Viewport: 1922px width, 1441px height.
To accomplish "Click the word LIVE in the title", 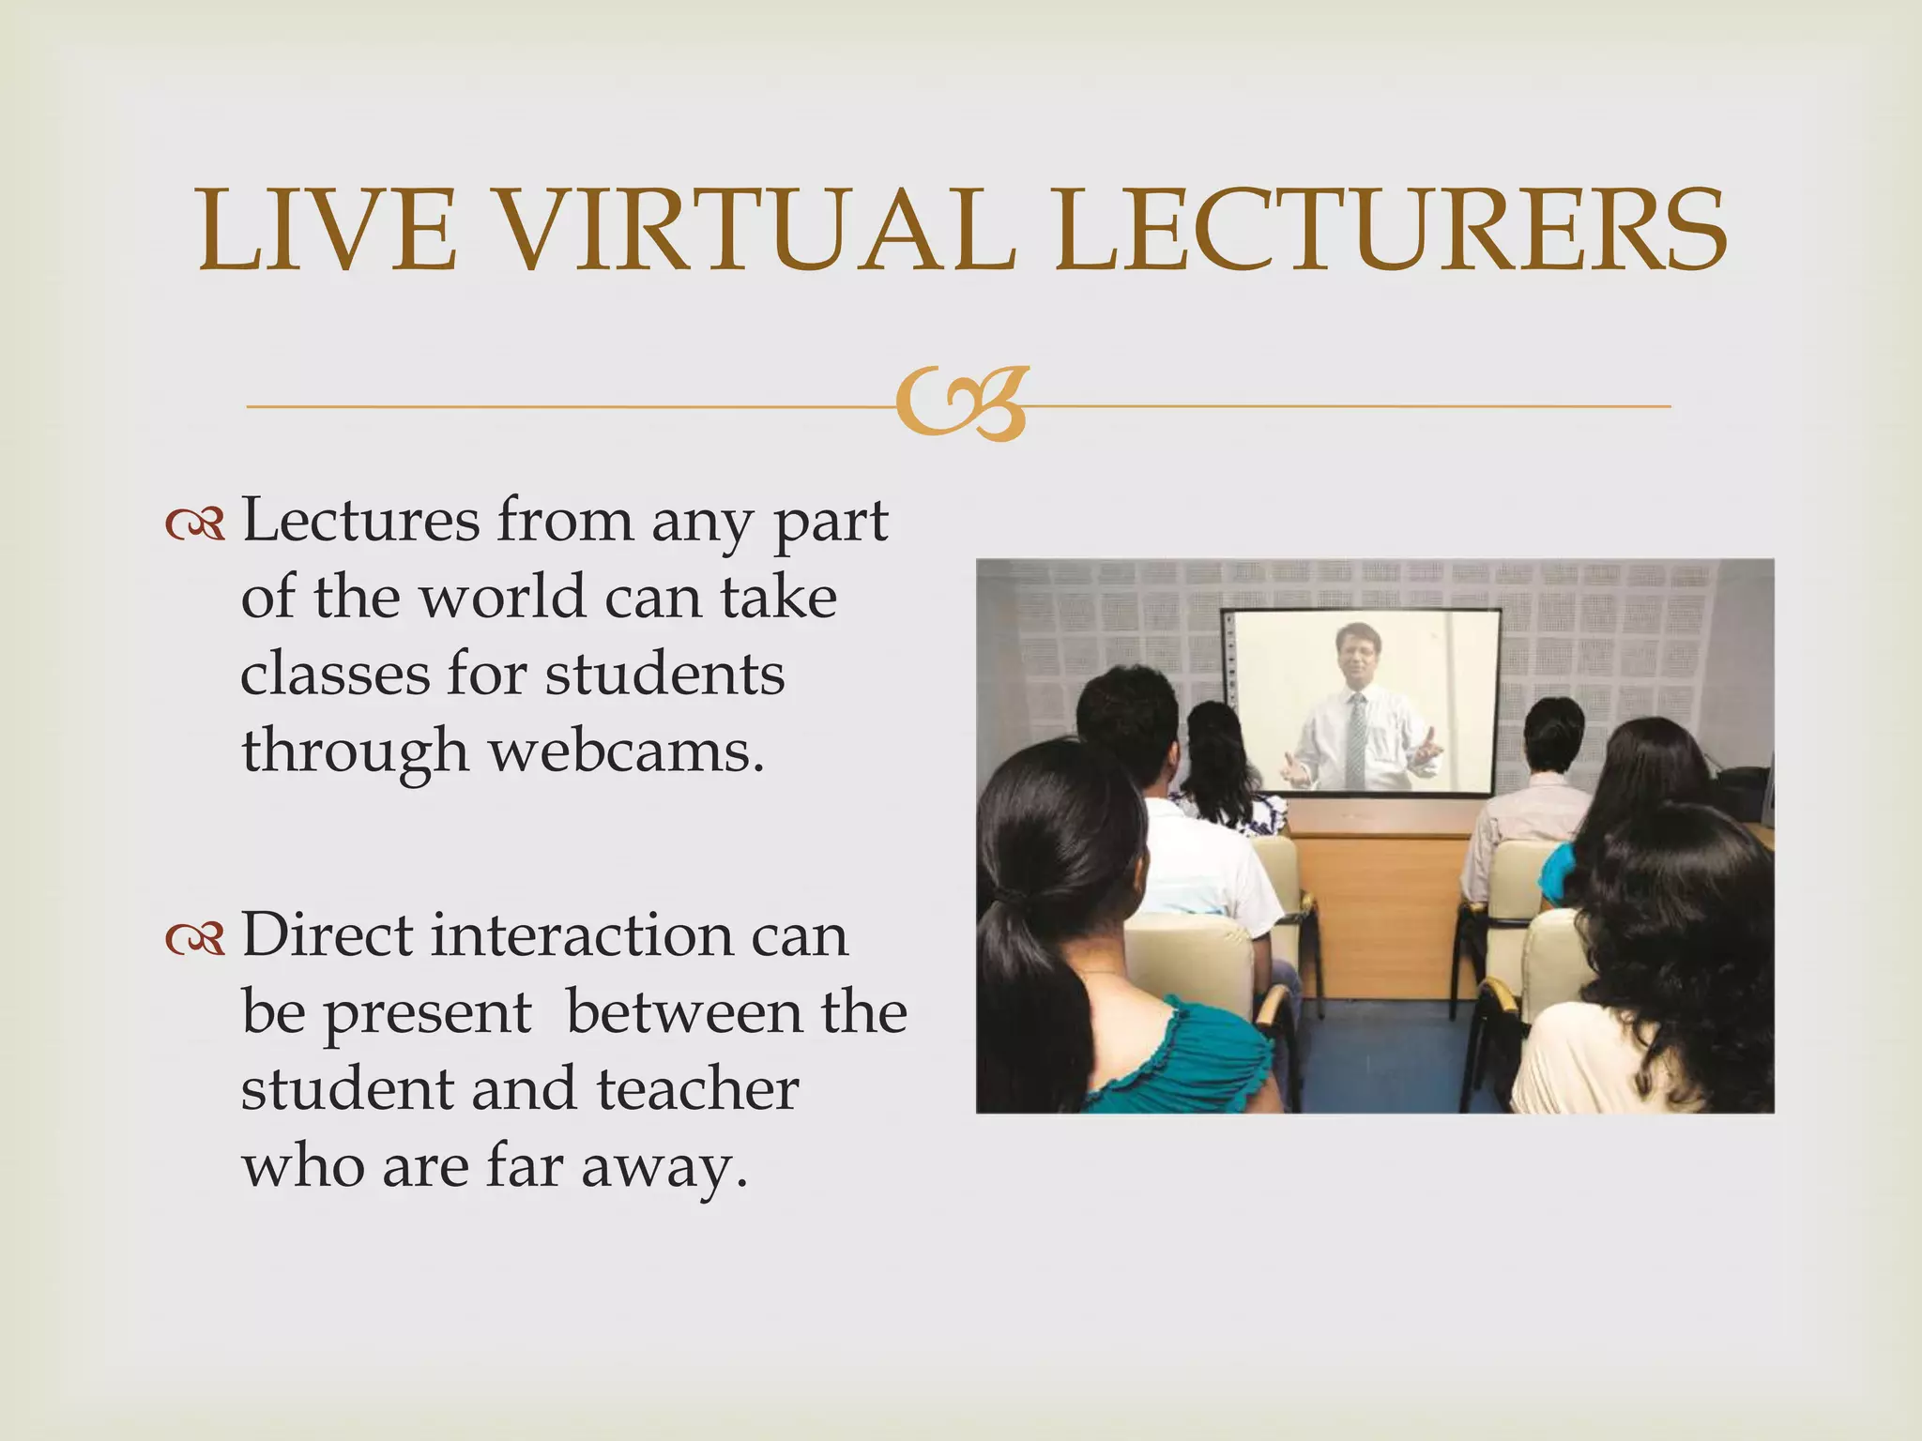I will (x=328, y=231).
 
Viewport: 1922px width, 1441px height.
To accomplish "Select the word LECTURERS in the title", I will (x=1389, y=231).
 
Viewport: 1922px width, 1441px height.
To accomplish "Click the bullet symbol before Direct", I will (x=195, y=940).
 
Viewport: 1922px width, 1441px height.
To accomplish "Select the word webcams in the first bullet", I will (x=624, y=751).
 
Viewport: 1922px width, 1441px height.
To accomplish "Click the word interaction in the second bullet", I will (x=582, y=936).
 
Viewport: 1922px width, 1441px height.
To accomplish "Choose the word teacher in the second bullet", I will (x=697, y=1090).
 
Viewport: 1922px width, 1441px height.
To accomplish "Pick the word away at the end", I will (x=664, y=1169).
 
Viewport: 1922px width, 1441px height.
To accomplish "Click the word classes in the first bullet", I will (x=334, y=674).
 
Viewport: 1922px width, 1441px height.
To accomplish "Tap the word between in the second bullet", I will (x=684, y=1013).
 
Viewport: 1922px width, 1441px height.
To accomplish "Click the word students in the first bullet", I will (x=664, y=674).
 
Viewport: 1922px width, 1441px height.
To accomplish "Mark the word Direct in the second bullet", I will (x=328, y=936).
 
